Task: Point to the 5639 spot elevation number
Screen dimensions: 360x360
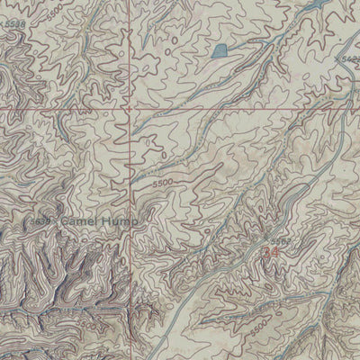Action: (40, 219)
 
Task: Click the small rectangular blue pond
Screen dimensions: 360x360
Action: (218, 49)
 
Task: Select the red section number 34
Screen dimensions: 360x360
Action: (268, 254)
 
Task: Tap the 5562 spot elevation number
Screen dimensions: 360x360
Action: (281, 241)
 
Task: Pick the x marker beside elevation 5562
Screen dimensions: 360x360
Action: (267, 241)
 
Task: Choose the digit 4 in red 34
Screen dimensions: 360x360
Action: (273, 254)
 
